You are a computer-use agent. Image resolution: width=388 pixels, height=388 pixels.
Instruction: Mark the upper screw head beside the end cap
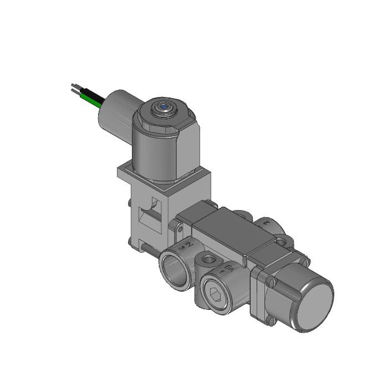(271, 282)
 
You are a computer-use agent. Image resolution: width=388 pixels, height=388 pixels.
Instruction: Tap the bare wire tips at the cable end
(74, 88)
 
